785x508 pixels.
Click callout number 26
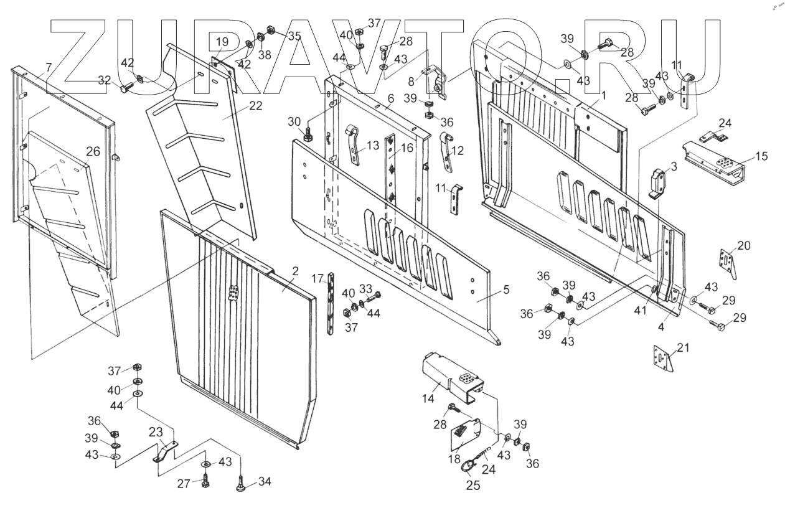pyautogui.click(x=93, y=151)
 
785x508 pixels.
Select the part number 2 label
pyautogui.click(x=295, y=271)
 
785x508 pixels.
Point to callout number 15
pyautogui.click(x=763, y=157)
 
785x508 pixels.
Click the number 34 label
pyautogui.click(x=265, y=481)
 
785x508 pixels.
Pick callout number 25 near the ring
pyautogui.click(x=472, y=485)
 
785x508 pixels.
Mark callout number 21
pyautogui.click(x=683, y=349)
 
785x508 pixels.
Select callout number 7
pyautogui.click(x=49, y=67)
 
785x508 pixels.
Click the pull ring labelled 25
pyautogui.click(x=469, y=464)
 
